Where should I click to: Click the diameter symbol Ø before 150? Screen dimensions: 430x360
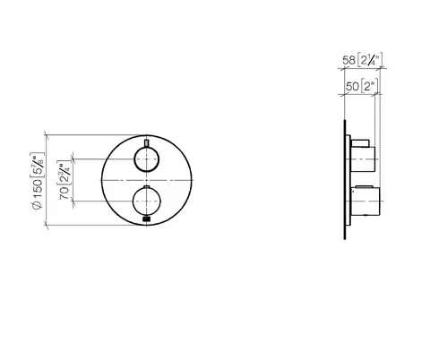coord(38,205)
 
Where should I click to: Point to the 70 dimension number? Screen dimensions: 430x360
coord(64,193)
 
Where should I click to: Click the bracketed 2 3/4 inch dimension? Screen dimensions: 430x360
coord(64,173)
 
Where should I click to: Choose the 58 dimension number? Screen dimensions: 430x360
coord(348,60)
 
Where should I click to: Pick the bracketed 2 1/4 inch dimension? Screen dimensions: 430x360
coord(370,60)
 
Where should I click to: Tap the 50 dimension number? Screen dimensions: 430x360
coord(352,86)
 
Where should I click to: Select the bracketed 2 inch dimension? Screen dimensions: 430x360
coord(369,86)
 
